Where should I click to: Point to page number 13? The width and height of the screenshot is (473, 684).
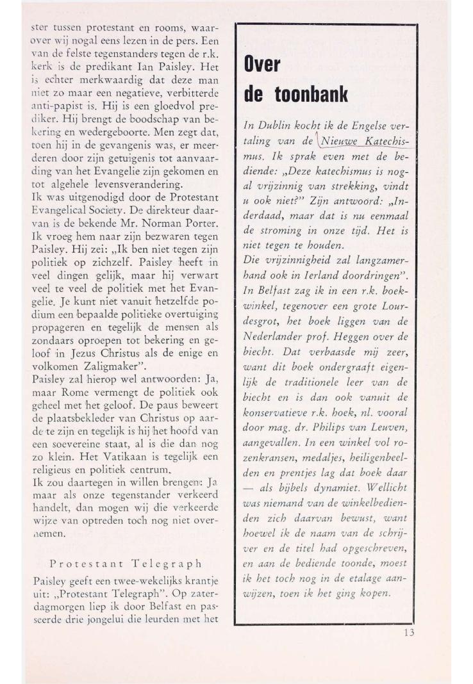(408, 632)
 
